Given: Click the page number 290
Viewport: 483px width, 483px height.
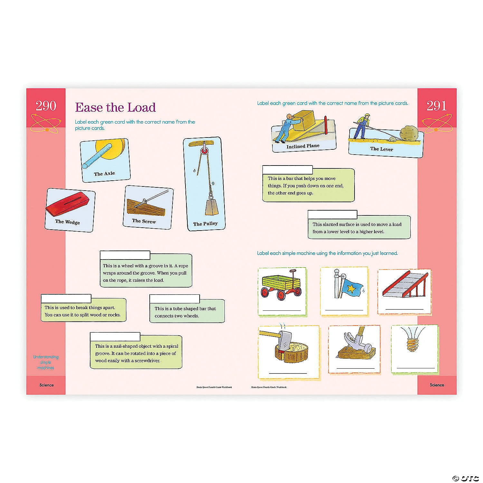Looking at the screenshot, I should (46, 106).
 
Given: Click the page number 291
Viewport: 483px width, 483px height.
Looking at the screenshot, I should (436, 106).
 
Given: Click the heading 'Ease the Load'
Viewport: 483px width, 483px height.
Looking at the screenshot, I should (115, 107).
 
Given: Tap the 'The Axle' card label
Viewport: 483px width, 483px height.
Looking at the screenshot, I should (104, 174).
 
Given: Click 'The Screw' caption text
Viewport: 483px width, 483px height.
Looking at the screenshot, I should (144, 221).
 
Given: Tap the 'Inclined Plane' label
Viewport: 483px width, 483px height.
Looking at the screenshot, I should (303, 146).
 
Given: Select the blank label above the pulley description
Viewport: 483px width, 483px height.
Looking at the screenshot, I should (125, 255).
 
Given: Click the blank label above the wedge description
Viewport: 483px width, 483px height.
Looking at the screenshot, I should (66, 298).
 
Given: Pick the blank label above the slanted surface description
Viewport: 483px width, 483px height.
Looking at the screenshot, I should (332, 214).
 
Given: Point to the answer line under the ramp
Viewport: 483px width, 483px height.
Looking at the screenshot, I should (404, 309).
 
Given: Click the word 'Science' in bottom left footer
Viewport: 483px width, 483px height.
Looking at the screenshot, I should (46, 385).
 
